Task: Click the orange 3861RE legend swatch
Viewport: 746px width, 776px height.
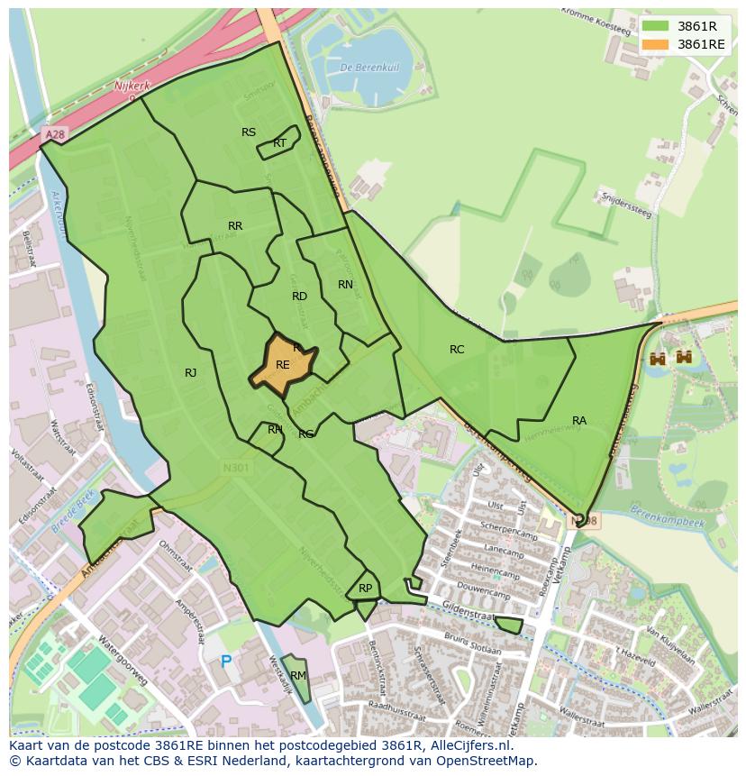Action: point(655,44)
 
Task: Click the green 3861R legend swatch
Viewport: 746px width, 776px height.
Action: point(655,26)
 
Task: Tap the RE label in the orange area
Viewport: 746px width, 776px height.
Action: point(283,365)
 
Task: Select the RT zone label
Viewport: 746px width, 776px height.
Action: point(279,143)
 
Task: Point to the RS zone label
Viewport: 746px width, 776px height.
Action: point(249,132)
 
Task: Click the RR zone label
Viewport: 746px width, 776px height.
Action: point(235,226)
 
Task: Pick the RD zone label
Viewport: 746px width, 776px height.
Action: point(299,297)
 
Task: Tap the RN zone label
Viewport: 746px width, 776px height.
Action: point(345,285)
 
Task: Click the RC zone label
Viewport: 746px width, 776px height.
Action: point(457,350)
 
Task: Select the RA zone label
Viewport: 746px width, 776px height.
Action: point(579,421)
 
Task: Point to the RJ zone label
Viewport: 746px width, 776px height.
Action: point(190,373)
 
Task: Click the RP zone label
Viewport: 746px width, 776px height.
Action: point(365,589)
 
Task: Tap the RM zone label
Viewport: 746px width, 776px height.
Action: point(297,676)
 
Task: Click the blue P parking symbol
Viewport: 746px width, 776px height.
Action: point(226,662)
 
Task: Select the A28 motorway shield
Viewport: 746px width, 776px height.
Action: point(55,134)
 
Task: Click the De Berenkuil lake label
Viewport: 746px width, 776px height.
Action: point(358,68)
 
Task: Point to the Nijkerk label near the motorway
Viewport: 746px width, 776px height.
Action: point(131,86)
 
